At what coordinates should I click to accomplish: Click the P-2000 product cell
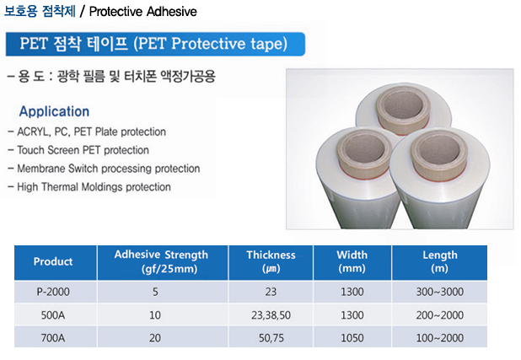coord(53,292)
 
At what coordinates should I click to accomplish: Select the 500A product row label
coord(53,315)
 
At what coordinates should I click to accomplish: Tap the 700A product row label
coord(53,338)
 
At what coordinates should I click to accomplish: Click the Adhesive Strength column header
coord(162,261)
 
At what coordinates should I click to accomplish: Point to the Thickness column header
coord(271,261)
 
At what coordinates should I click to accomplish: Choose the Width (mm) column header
coord(352,261)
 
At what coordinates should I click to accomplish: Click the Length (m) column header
coord(439,261)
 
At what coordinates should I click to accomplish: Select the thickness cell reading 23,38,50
coord(271,315)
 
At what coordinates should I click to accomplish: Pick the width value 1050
coord(352,338)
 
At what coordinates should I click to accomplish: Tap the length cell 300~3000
coord(439,292)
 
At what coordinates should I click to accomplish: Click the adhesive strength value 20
coord(155,338)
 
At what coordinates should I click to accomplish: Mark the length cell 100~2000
coord(439,338)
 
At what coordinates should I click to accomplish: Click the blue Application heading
coord(54,111)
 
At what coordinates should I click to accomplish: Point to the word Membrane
coord(41,169)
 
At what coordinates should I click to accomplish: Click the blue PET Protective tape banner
coord(155,44)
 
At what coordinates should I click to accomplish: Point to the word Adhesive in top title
coord(171,12)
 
